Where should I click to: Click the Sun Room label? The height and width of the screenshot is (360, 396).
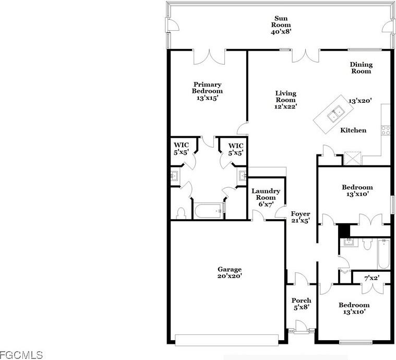click(x=281, y=25)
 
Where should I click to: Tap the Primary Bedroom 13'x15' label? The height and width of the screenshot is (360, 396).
click(x=207, y=91)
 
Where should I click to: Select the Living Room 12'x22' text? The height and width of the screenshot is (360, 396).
click(x=285, y=100)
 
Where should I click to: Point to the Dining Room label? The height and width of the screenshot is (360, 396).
click(x=361, y=68)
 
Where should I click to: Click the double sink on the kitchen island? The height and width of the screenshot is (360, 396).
click(x=335, y=114)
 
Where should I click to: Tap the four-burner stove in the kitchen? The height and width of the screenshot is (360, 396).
click(x=386, y=130)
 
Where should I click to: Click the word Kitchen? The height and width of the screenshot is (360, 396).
click(x=353, y=130)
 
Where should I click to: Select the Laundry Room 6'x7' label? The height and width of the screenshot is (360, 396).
click(x=266, y=198)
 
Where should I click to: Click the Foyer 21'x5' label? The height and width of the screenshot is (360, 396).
click(x=301, y=217)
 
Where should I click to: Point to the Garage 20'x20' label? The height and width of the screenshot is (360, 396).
click(x=230, y=272)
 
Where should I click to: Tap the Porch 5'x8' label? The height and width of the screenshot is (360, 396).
click(x=301, y=304)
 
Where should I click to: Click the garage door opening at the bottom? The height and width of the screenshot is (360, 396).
click(x=227, y=340)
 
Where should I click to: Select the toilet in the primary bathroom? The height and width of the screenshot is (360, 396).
click(x=181, y=213)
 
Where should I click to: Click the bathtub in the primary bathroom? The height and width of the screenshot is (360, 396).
click(x=209, y=211)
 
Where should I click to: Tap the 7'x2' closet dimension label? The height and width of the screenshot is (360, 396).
click(x=372, y=278)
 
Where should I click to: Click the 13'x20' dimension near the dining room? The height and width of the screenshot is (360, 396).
click(x=360, y=101)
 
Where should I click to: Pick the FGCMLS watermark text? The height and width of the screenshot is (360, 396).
click(x=21, y=355)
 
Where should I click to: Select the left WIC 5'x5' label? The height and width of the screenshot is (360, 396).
click(x=182, y=149)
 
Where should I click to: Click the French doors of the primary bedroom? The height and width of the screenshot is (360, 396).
click(x=209, y=57)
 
